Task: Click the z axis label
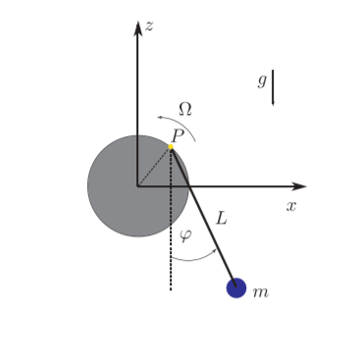pos(149,26)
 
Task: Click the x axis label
pos(291,206)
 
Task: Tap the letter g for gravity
pos(262,80)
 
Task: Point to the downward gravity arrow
pos(274,88)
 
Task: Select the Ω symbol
pos(184,109)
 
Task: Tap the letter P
pos(177,135)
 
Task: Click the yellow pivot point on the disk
pos(171,147)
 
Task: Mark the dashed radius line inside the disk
pos(154,166)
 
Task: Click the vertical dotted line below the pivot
pos(171,255)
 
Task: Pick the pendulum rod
pos(203,217)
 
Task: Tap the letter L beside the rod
pos(221,219)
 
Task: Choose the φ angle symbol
pos(185,235)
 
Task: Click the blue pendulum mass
pos(236,287)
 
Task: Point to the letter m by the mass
pos(260,292)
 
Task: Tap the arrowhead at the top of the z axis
pos(137,26)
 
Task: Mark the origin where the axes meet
pos(137,185)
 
